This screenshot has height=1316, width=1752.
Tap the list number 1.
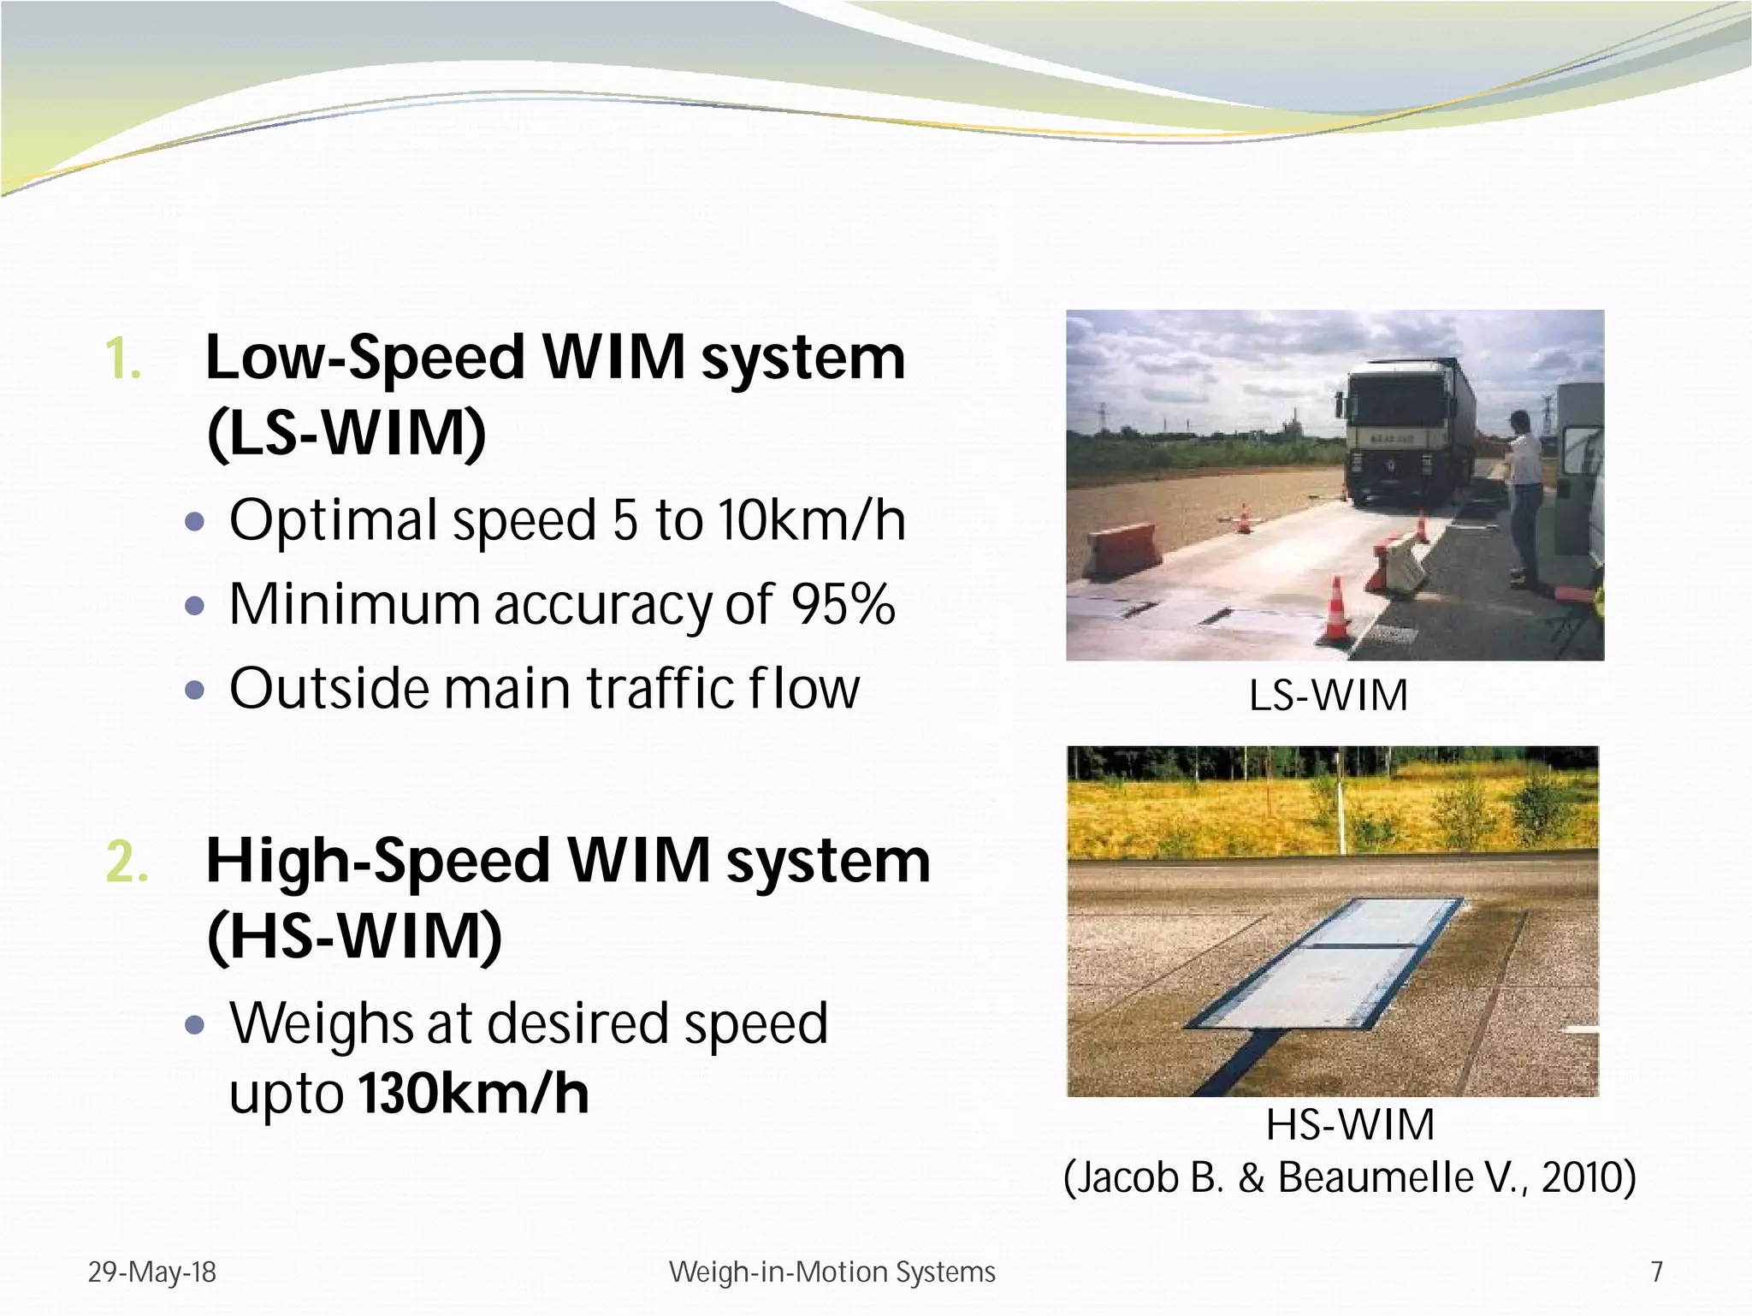point(123,359)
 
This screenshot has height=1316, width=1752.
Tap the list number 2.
point(127,863)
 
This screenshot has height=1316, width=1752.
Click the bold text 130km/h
point(474,1094)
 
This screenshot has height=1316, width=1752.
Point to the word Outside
point(329,689)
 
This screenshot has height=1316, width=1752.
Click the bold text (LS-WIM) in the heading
point(346,433)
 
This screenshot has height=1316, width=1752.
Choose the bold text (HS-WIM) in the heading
point(354,937)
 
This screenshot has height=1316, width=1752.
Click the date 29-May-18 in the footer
point(152,1272)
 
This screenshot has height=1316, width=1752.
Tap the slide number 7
point(1657,1272)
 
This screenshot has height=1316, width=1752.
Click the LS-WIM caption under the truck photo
point(1329,696)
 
